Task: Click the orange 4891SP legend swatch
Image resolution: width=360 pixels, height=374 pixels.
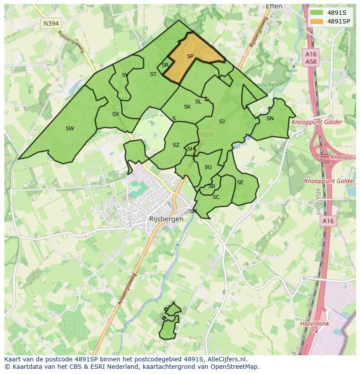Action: tap(317, 21)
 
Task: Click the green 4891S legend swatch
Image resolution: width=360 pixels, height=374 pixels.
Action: tap(317, 13)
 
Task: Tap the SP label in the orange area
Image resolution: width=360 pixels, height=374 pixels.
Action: tap(190, 56)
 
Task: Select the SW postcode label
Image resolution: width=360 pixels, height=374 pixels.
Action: tap(70, 128)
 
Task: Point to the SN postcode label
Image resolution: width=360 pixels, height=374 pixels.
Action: tap(270, 119)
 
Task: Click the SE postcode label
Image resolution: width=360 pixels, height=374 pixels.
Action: tap(240, 182)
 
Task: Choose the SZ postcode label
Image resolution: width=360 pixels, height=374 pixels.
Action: tap(176, 145)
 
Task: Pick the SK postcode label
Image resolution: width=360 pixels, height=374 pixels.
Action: tap(187, 107)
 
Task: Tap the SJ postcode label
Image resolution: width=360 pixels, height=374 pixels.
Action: tap(222, 122)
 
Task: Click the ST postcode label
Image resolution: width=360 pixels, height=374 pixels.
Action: tap(153, 74)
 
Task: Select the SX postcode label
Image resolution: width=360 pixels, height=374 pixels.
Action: tap(115, 114)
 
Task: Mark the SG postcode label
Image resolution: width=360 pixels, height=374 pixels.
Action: tap(208, 167)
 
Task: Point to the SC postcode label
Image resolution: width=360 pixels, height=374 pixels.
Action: tap(216, 197)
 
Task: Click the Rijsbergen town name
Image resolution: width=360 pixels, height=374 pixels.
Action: tap(166, 219)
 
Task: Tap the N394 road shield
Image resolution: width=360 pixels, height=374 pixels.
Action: tap(51, 23)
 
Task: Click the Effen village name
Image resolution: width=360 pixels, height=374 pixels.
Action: tap(274, 6)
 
